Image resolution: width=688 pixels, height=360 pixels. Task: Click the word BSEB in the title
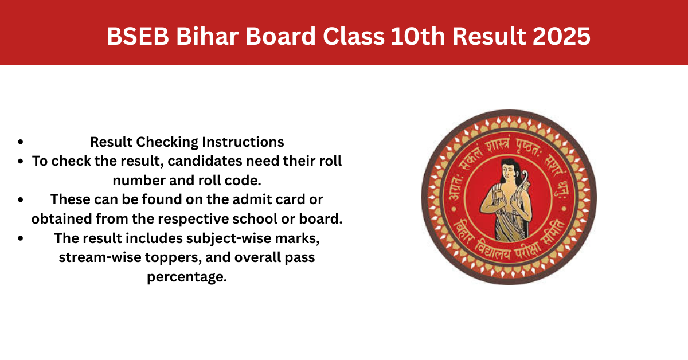coord(138,36)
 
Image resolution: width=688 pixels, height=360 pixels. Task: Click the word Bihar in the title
coord(208,36)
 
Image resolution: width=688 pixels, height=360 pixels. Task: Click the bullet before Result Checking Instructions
coord(21,142)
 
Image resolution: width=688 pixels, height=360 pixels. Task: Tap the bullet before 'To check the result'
coord(21,161)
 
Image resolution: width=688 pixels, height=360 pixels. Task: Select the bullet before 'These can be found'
coord(21,199)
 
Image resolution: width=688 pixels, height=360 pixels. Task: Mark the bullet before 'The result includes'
coord(21,238)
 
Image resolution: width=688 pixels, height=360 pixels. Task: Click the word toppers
coord(174,257)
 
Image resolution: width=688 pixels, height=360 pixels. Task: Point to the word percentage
coord(187,277)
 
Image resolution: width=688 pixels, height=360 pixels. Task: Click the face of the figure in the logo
coord(509,173)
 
